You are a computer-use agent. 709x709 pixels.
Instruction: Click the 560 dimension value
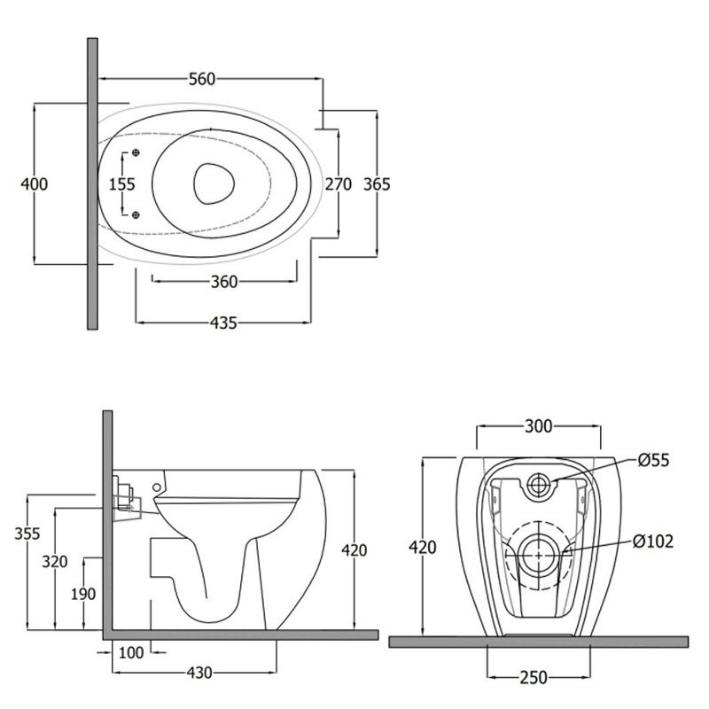tap(202, 79)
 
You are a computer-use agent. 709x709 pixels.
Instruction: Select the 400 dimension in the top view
tap(35, 184)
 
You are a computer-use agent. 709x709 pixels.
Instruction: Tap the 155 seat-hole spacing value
tap(122, 184)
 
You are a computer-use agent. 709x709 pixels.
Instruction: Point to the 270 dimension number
tap(339, 184)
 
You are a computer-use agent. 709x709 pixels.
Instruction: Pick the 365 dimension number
tap(377, 184)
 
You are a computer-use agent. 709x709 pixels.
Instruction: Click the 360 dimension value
tap(224, 282)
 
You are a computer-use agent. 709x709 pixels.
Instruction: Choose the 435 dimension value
tap(223, 323)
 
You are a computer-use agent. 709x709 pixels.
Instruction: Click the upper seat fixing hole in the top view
tap(136, 152)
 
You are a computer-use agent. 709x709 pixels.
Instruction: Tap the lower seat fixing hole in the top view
tap(136, 214)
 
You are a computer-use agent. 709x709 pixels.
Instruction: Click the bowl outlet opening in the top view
tap(214, 183)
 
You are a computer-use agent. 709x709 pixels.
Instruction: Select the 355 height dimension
tap(27, 534)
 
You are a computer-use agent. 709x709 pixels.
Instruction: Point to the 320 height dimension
tap(55, 562)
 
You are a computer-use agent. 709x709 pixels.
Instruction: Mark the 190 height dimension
tap(83, 594)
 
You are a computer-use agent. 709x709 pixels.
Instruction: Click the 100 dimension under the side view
tap(131, 652)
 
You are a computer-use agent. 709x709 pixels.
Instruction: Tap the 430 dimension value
tap(199, 673)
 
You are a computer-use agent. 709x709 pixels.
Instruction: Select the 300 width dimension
tap(539, 426)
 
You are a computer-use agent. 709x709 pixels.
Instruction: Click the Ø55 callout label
tap(653, 460)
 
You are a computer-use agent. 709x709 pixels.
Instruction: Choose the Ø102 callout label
tap(653, 541)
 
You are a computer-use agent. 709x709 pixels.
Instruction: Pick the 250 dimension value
tap(534, 678)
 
